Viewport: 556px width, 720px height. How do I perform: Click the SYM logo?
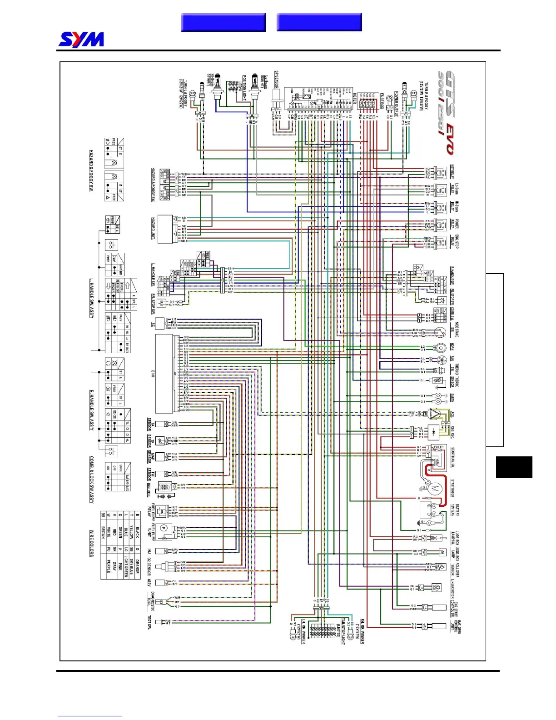(81, 40)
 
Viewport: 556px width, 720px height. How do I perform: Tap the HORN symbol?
(439, 348)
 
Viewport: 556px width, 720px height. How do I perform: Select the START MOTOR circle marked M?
(436, 488)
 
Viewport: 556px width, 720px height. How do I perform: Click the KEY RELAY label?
(452, 172)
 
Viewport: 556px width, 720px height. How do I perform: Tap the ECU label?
(153, 373)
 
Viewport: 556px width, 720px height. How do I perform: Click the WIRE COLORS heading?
(91, 543)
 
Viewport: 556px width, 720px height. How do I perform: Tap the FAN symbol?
(439, 360)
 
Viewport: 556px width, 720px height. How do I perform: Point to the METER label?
(355, 99)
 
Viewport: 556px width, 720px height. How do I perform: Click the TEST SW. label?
(149, 623)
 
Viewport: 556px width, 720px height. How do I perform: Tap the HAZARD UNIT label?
(153, 229)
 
